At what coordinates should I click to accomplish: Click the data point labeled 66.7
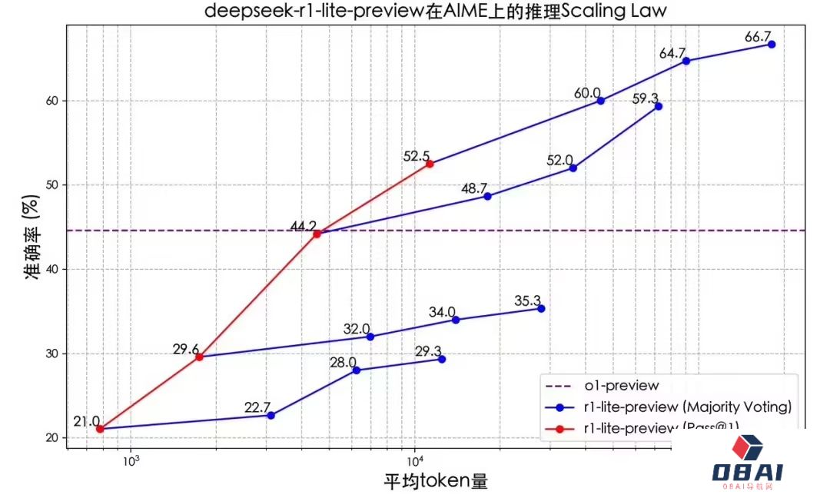pyautogui.click(x=772, y=45)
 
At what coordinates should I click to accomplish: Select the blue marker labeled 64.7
pyautogui.click(x=686, y=61)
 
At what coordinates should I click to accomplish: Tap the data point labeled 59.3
pyautogui.click(x=658, y=106)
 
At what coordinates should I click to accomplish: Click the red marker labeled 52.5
pyautogui.click(x=430, y=164)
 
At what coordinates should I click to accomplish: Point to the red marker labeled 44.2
pyautogui.click(x=317, y=234)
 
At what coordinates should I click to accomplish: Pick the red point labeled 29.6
pyautogui.click(x=199, y=357)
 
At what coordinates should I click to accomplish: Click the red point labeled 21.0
pyautogui.click(x=100, y=429)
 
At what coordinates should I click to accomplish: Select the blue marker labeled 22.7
pyautogui.click(x=271, y=415)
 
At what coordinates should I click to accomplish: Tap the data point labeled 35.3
pyautogui.click(x=541, y=308)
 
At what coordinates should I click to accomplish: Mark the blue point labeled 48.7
pyautogui.click(x=487, y=196)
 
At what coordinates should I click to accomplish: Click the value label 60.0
pyautogui.click(x=587, y=93)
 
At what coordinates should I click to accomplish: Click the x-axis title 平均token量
pyautogui.click(x=436, y=482)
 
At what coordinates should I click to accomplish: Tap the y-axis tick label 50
pyautogui.click(x=51, y=185)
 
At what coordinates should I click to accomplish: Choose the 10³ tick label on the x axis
pyautogui.click(x=130, y=461)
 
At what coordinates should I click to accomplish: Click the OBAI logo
pyautogui.click(x=758, y=463)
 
